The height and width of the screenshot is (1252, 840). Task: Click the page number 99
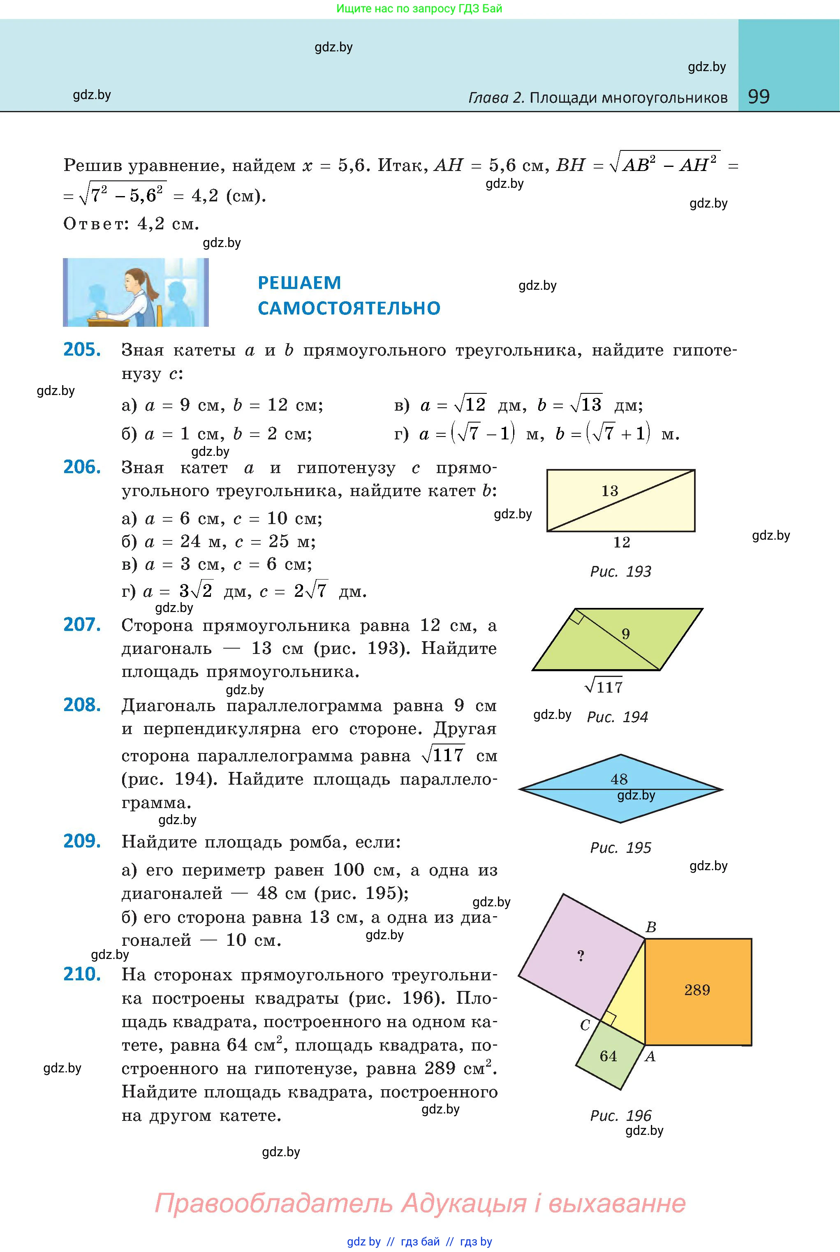point(759,97)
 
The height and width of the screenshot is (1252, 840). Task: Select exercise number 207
point(82,624)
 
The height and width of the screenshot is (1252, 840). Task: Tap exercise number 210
point(82,974)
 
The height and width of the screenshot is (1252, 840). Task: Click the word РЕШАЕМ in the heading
point(299,282)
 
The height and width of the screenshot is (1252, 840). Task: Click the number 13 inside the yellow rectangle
point(610,490)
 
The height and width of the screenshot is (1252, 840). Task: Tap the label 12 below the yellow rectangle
point(621,543)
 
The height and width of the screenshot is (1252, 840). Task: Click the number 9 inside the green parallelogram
point(626,634)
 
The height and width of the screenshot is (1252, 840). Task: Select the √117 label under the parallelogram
point(604,686)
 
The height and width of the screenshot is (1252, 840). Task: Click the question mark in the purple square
point(581,956)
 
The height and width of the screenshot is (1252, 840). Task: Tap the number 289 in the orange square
point(697,990)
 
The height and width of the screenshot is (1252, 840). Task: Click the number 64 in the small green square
point(608,1056)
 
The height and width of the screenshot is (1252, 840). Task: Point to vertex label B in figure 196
point(651,927)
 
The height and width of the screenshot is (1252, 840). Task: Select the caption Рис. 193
point(620,571)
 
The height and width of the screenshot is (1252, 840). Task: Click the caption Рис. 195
point(620,848)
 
